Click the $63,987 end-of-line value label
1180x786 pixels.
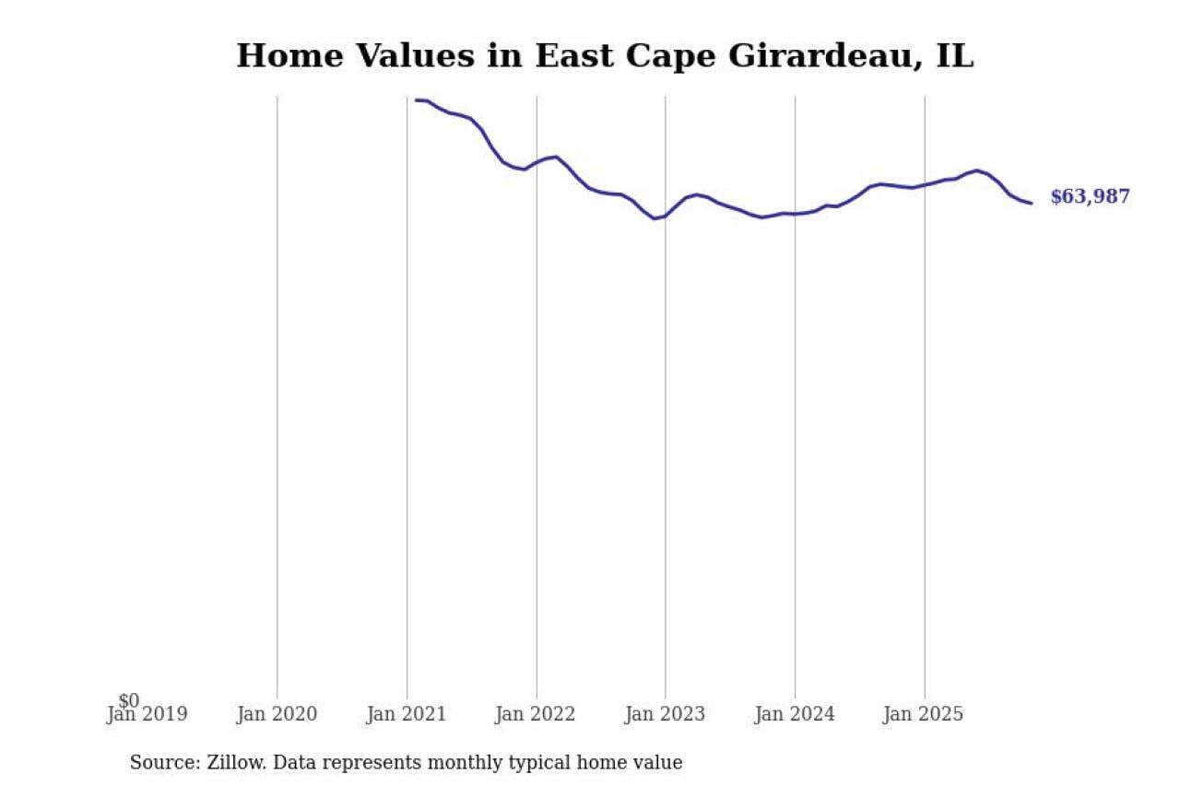coord(1090,196)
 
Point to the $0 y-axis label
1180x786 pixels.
coord(129,701)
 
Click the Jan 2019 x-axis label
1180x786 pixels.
coord(147,714)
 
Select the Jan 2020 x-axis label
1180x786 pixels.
coord(277,714)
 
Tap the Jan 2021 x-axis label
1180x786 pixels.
coord(407,714)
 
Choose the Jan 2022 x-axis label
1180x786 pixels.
coord(536,714)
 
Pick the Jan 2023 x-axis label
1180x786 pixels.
coord(665,714)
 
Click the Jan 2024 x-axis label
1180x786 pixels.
coord(795,714)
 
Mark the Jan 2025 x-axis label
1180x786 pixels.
coord(924,714)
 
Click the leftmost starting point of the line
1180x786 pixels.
coord(417,100)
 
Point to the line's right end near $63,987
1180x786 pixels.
coord(1031,203)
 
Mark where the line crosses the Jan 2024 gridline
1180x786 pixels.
coord(795,214)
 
